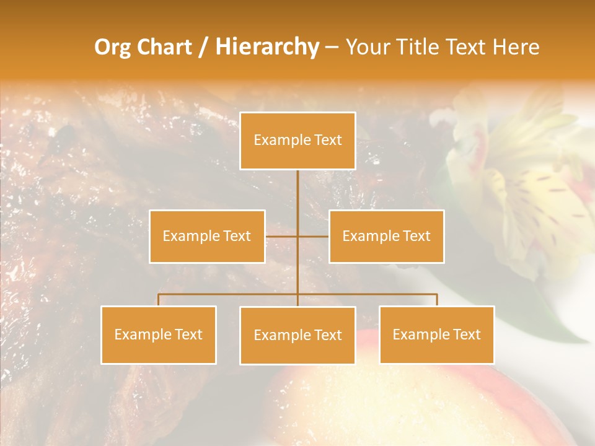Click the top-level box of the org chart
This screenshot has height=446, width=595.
(297, 141)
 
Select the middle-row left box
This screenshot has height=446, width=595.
(207, 236)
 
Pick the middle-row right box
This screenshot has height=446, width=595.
(386, 236)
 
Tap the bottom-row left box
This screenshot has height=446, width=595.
(159, 334)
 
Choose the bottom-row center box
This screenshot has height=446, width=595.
(297, 335)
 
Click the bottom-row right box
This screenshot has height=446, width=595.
(437, 334)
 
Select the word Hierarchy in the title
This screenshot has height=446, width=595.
(267, 47)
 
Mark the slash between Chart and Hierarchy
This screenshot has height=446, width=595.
(203, 47)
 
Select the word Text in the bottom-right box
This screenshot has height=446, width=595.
(467, 334)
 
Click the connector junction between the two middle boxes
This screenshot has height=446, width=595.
(297, 236)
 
